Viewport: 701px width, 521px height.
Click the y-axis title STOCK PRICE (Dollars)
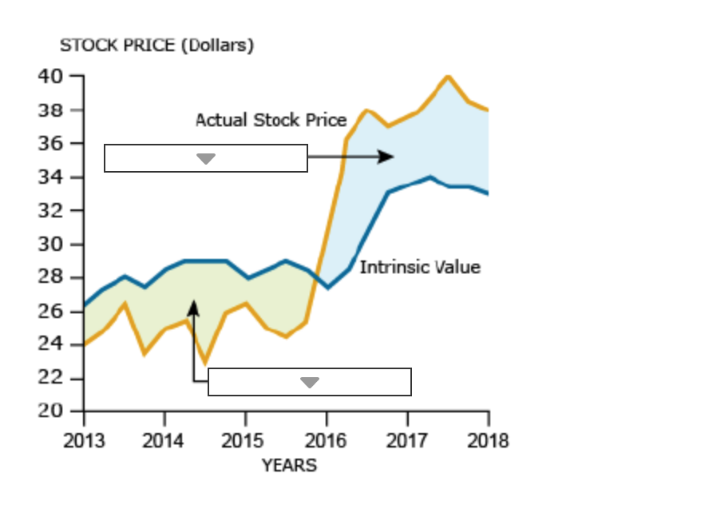[157, 46]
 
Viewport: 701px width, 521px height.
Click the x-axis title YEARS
[288, 465]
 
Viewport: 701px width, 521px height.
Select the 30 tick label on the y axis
[50, 245]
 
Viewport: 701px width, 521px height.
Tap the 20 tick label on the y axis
[50, 412]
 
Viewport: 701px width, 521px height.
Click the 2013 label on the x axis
[83, 440]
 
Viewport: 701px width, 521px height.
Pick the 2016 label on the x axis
[327, 440]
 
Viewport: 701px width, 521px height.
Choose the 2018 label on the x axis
[488, 440]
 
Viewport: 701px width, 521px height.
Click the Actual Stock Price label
[271, 120]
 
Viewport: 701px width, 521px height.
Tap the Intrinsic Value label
[420, 267]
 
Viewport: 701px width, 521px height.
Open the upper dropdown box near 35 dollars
[206, 158]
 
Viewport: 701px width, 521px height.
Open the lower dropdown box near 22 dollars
[310, 382]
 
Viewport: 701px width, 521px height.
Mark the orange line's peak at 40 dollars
[448, 77]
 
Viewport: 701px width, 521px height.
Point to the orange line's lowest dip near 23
[205, 362]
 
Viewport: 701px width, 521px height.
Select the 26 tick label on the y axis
[50, 312]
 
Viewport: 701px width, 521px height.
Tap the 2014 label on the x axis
[164, 440]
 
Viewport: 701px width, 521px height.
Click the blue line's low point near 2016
[328, 287]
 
